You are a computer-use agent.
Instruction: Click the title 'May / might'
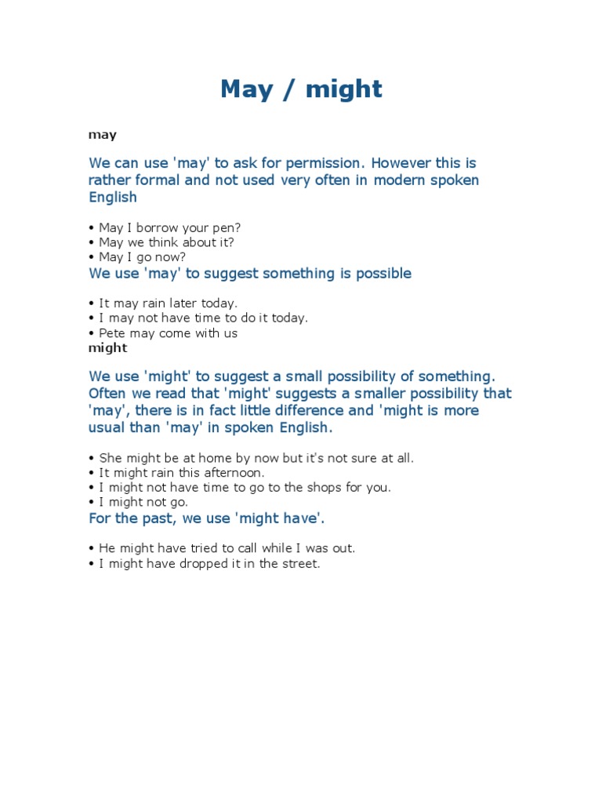[x=301, y=89]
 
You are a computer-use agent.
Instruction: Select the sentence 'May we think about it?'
[x=166, y=242]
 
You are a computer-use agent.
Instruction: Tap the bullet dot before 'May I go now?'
[x=92, y=257]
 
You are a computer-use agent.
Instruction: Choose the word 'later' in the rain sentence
[x=180, y=303]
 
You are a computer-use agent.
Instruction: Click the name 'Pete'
[x=114, y=333]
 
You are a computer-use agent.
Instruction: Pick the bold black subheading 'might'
[x=107, y=347]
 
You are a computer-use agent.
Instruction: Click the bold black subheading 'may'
[x=103, y=135]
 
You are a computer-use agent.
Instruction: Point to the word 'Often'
[x=107, y=394]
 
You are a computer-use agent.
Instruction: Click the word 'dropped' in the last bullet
[x=188, y=564]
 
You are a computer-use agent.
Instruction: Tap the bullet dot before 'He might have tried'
[x=92, y=549]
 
